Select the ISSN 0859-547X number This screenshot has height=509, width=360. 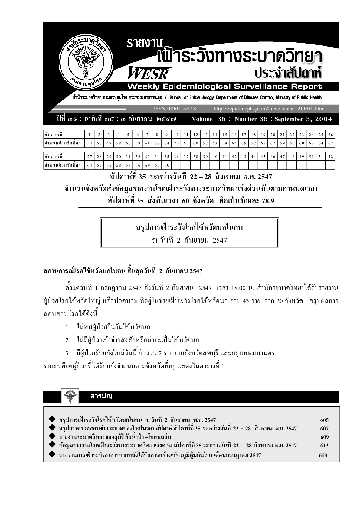(175, 109)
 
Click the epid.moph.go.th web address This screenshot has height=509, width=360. (269, 109)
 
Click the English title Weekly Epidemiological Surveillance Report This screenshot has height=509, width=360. (224, 87)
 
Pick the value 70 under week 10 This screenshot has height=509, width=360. (176, 143)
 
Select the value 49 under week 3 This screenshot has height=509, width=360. (109, 143)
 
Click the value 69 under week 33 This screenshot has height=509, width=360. (147, 165)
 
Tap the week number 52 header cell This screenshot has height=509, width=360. (330, 157)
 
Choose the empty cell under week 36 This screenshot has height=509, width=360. (176, 165)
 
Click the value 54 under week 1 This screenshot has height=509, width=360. (89, 143)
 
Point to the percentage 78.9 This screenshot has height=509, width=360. (267, 201)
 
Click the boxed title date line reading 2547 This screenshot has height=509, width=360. (190, 240)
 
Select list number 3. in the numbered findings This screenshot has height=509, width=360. (68, 353)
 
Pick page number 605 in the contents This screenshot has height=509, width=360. (324, 420)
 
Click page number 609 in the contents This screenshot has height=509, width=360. (324, 437)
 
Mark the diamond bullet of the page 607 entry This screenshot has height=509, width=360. (52, 428)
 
